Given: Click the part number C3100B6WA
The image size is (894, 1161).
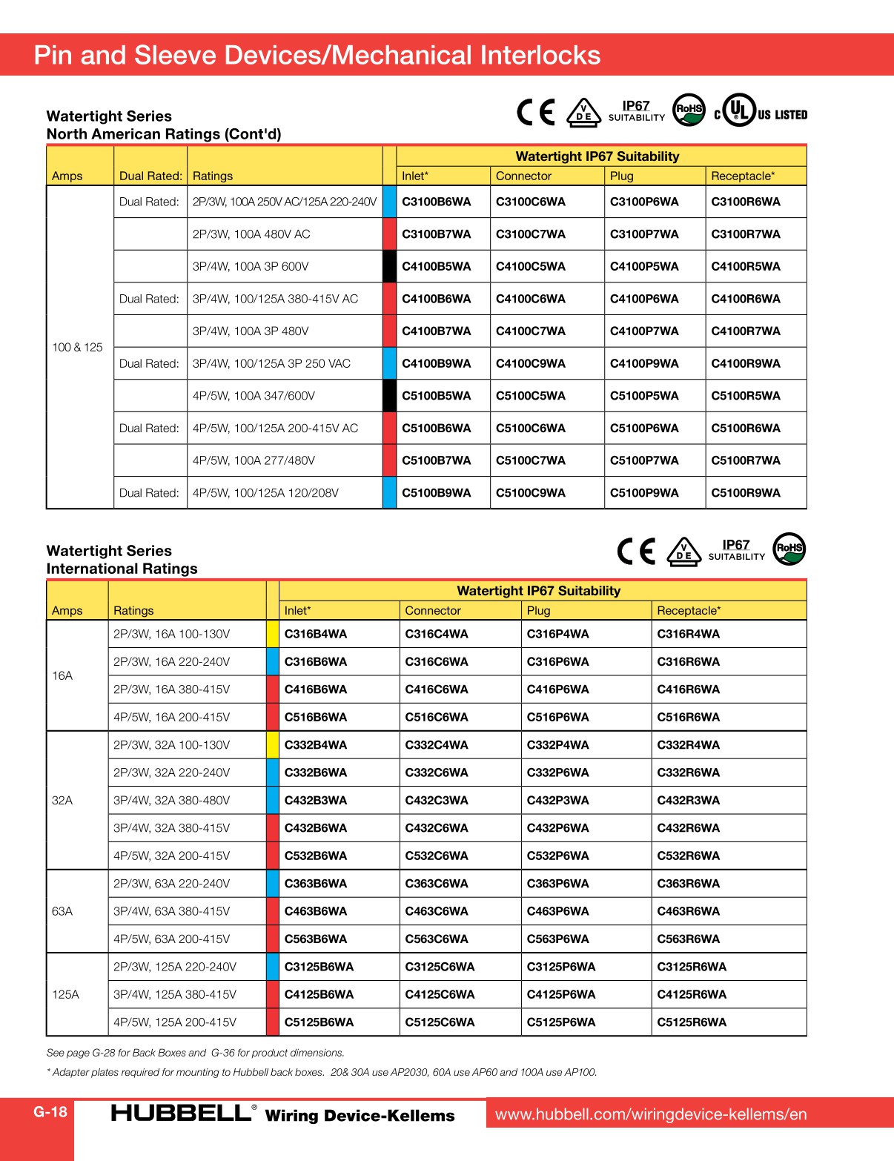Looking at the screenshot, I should [x=436, y=202].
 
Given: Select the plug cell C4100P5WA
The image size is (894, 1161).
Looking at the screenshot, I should [x=643, y=266].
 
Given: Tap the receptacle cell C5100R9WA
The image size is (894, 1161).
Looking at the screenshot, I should [x=745, y=492].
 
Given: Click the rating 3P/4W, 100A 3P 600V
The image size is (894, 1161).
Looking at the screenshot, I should [x=250, y=266].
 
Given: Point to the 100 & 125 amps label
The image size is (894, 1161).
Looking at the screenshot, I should [x=77, y=347].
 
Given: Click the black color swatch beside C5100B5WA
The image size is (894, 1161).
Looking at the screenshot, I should [x=389, y=396].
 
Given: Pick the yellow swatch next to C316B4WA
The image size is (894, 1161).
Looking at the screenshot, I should [x=272, y=634].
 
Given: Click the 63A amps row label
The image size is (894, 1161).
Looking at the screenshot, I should [x=62, y=911].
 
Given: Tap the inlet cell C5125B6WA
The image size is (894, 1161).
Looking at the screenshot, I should [x=319, y=1022].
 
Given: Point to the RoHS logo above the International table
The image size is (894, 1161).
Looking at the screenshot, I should [x=789, y=549].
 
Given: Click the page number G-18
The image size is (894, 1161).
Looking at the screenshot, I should [x=50, y=1111].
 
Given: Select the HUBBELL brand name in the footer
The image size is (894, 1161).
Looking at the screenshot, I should [x=181, y=1113].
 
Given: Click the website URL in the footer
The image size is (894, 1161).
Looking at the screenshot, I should [x=650, y=1114].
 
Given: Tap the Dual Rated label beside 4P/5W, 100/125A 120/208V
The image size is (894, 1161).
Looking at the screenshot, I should [x=149, y=492].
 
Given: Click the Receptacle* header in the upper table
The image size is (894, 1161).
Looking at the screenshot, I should [x=742, y=176].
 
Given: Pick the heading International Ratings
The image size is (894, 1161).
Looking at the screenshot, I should [x=122, y=569].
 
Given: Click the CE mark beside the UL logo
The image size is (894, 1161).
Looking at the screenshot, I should [x=535, y=112].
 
